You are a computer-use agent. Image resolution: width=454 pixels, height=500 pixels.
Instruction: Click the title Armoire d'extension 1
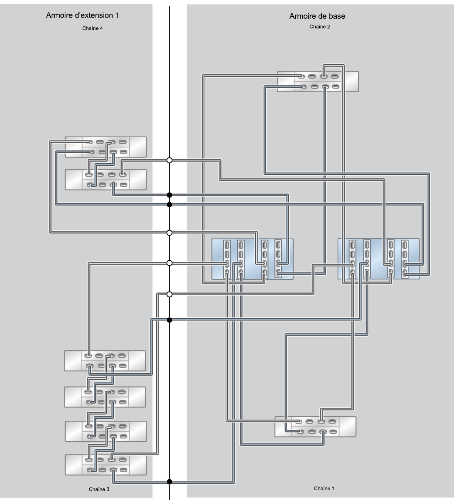click(82, 15)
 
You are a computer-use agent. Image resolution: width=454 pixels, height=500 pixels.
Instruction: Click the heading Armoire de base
click(317, 16)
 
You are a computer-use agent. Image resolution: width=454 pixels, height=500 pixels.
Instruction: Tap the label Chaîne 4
click(93, 28)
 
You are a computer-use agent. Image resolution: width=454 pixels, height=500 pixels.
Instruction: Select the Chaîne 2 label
click(320, 27)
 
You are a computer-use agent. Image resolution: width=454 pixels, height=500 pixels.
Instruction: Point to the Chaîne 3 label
click(99, 489)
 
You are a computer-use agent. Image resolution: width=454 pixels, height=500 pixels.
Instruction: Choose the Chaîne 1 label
click(324, 488)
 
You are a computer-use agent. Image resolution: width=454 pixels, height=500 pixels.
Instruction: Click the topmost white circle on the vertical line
click(169, 160)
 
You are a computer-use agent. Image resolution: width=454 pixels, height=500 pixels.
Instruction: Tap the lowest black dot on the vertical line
click(169, 482)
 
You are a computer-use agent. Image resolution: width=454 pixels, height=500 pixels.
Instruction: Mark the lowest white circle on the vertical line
click(169, 294)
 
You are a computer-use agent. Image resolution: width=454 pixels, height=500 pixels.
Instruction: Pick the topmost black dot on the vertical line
click(169, 195)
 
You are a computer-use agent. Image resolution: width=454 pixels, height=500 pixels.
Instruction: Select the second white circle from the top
click(169, 233)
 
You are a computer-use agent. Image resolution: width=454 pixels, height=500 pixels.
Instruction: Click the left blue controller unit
click(252, 259)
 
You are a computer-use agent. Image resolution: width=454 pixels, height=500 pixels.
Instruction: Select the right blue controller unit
click(379, 259)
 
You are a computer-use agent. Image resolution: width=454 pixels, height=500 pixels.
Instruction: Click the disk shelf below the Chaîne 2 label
click(318, 82)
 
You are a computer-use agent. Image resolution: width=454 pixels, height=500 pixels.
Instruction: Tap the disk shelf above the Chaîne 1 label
click(315, 426)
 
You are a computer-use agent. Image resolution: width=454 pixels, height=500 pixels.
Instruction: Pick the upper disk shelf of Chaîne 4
click(105, 147)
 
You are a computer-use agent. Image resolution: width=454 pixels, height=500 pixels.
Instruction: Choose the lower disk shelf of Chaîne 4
click(105, 180)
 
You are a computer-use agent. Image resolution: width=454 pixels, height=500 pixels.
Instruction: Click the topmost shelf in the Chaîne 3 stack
click(105, 361)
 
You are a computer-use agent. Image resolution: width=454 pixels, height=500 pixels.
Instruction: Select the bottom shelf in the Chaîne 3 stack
click(105, 465)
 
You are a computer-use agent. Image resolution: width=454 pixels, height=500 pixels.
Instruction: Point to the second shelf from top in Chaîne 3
click(105, 397)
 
